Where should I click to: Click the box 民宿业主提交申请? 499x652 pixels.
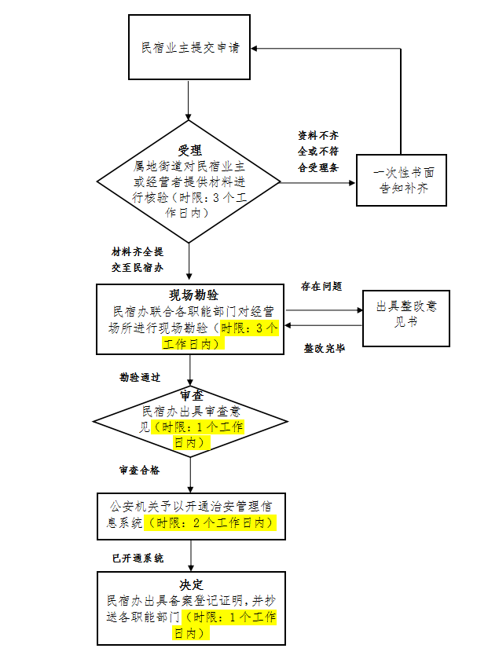(x=189, y=47)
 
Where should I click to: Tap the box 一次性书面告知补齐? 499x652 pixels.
(x=401, y=180)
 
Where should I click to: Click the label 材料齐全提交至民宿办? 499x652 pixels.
(x=137, y=259)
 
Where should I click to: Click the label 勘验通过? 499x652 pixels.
(x=140, y=377)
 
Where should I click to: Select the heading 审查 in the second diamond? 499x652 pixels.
(x=189, y=396)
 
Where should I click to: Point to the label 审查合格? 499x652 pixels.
(x=139, y=470)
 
